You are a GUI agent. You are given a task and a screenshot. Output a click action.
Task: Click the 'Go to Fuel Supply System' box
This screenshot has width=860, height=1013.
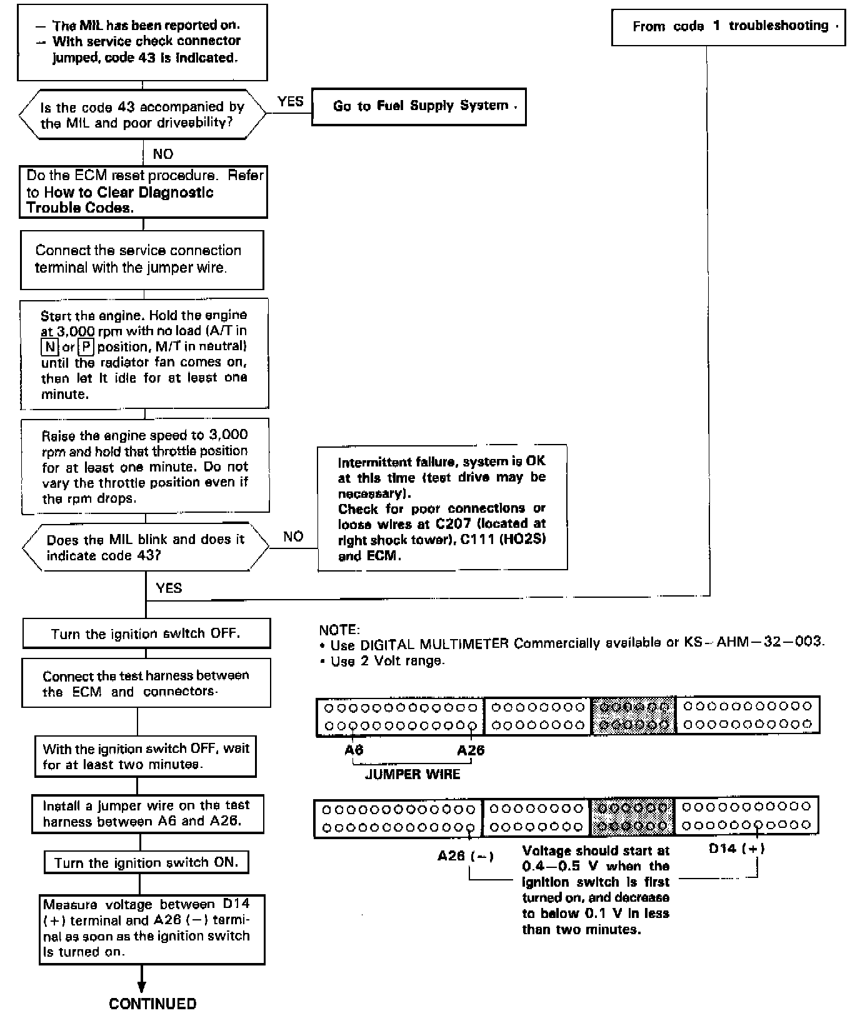[419, 106]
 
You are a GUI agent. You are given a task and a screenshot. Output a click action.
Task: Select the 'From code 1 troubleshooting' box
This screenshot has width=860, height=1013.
[728, 27]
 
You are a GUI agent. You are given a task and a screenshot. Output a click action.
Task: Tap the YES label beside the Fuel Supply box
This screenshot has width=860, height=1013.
[290, 101]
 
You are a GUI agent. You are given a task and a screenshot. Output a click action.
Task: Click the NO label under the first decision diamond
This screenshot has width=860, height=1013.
[163, 154]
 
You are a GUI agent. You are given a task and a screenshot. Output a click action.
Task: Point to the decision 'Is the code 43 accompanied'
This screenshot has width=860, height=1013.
[142, 114]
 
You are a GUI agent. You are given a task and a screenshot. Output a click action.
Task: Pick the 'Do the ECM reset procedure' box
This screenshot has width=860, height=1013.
[143, 192]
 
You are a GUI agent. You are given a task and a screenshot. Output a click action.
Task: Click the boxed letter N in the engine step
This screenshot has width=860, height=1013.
[49, 346]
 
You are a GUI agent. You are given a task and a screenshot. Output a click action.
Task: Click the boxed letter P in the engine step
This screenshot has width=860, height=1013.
[86, 346]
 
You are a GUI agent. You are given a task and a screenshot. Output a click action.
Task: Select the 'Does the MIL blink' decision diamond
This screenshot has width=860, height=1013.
[145, 547]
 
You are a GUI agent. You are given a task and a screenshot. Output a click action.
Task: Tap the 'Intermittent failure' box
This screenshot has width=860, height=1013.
[442, 508]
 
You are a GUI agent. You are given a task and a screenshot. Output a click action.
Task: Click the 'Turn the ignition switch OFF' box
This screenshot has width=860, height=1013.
[146, 633]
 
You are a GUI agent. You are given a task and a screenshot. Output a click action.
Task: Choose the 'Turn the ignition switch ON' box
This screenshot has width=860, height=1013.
[146, 863]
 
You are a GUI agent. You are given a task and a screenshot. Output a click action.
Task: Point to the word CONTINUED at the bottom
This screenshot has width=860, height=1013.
[152, 1003]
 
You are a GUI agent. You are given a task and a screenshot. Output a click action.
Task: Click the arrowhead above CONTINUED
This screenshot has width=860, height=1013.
[142, 987]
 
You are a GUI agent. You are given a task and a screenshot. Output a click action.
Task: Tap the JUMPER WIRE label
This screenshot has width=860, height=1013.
[412, 774]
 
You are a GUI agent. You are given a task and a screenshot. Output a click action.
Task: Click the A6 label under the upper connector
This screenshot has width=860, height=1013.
[354, 750]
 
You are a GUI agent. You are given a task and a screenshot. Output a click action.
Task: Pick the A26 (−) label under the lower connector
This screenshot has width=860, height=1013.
[466, 856]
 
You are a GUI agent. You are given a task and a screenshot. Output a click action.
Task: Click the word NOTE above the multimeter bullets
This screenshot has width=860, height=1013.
[339, 630]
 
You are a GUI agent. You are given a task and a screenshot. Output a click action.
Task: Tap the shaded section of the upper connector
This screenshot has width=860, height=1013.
[633, 715]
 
